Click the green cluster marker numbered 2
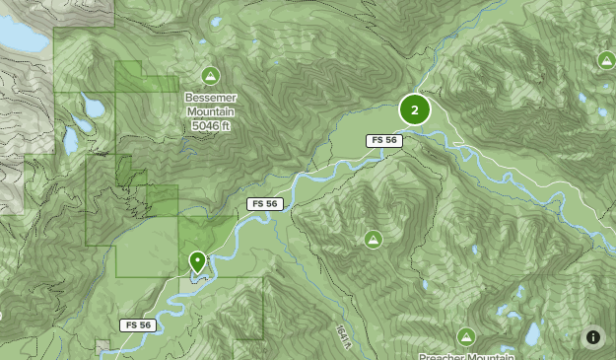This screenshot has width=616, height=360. click(x=415, y=109)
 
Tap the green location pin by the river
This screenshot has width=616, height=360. click(x=197, y=261)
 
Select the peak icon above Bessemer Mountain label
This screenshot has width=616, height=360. click(x=210, y=76)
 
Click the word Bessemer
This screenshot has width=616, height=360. click(x=210, y=99)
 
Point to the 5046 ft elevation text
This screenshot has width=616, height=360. click(x=210, y=125)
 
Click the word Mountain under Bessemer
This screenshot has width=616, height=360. click(x=210, y=111)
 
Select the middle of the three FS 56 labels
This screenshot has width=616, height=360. click(x=265, y=204)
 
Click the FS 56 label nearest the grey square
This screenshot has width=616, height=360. click(x=138, y=325)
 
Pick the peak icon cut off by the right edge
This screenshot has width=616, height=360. click(x=607, y=61)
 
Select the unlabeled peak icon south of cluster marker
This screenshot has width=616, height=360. click(x=374, y=239)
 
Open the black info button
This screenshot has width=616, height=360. click(x=593, y=337)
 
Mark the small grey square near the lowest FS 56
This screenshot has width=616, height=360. click(x=103, y=345)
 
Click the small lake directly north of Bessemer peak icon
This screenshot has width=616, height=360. click(x=216, y=22)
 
